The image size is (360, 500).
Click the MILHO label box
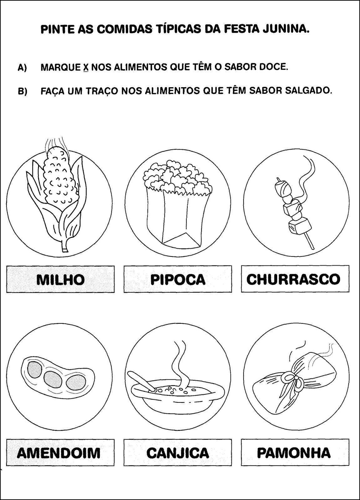(60, 279)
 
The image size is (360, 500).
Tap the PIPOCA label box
(178, 279)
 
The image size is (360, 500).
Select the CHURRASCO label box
(295, 279)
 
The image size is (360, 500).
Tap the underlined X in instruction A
(86, 67)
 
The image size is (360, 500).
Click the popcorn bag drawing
(178, 203)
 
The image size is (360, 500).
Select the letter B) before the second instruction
(22, 92)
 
